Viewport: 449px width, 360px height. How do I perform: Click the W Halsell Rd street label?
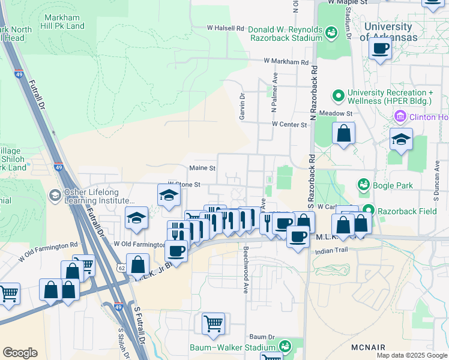click(226, 28)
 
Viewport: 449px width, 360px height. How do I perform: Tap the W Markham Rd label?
click(286, 61)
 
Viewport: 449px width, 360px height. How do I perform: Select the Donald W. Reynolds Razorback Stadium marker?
click(330, 31)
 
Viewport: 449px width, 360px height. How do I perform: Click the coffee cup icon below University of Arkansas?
click(380, 49)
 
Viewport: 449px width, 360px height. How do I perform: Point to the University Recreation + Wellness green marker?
click(338, 95)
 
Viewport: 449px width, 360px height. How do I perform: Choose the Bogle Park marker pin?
click(363, 185)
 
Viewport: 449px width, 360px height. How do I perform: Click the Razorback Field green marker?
click(368, 211)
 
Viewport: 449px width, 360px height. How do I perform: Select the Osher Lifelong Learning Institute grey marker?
click(55, 196)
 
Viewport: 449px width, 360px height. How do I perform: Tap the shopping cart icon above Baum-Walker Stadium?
click(213, 324)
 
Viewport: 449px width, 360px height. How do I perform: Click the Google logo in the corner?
click(20, 353)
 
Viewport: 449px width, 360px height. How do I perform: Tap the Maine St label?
click(202, 168)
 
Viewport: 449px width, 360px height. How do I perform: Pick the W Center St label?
click(289, 124)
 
